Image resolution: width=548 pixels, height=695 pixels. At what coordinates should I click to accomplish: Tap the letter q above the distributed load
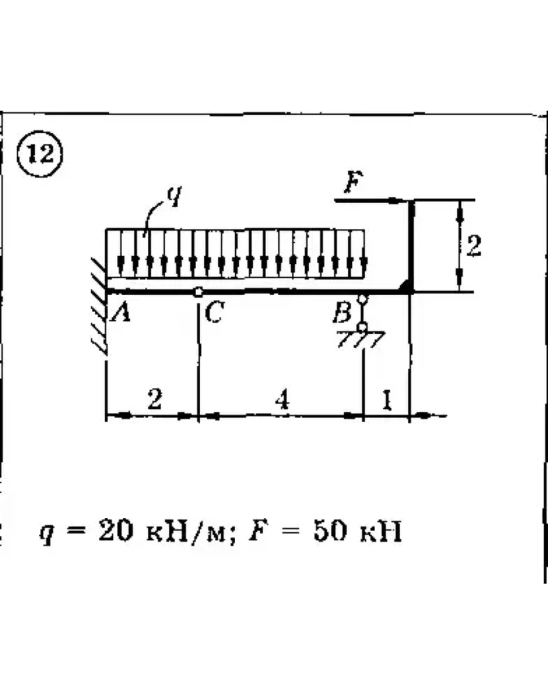[x=175, y=196]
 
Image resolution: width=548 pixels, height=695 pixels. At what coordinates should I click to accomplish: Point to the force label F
[x=353, y=182]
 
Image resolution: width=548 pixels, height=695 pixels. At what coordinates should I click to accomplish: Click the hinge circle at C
[x=198, y=292]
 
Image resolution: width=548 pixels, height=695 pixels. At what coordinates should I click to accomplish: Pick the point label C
[x=214, y=312]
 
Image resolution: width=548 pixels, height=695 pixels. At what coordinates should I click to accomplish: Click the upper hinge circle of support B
[x=363, y=299]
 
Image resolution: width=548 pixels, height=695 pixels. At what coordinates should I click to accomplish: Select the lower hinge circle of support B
[x=363, y=327]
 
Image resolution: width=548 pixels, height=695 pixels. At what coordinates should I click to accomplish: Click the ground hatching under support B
[x=360, y=339]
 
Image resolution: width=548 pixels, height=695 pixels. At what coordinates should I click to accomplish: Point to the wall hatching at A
[x=99, y=306]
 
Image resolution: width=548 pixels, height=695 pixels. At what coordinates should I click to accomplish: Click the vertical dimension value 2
[x=474, y=246]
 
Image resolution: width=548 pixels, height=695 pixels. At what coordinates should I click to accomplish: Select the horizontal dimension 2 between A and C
[x=154, y=399]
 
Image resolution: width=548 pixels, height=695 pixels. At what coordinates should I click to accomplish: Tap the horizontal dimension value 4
[x=282, y=399]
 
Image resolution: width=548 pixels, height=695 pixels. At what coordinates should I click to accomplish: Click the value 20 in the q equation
[x=116, y=530]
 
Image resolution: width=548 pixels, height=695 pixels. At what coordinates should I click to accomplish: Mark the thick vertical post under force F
[x=411, y=246]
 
